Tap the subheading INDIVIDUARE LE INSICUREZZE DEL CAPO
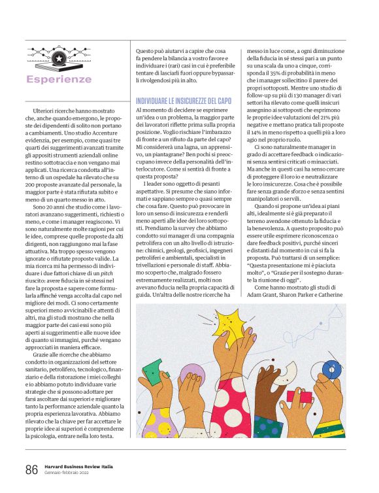click(x=183, y=101)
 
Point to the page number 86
click(x=31, y=469)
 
